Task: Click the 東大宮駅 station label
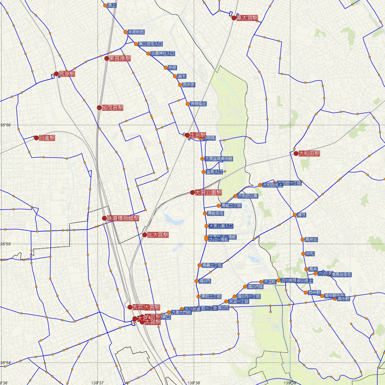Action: pyautogui.click(x=247, y=18)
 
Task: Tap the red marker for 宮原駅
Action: pyautogui.click(x=56, y=74)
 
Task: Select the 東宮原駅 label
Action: pyautogui.click(x=120, y=58)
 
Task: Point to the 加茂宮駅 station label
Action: pyautogui.click(x=112, y=108)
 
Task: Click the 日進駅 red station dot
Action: pyautogui.click(x=37, y=138)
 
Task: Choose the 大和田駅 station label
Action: pyautogui.click(x=309, y=154)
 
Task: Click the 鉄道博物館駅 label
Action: pyautogui.click(x=123, y=218)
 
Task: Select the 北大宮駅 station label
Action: pyautogui.click(x=158, y=235)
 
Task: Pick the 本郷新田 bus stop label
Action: pyautogui.click(x=136, y=32)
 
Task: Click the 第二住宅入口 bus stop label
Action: pyautogui.click(x=150, y=44)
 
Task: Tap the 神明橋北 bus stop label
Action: pyautogui.click(x=198, y=104)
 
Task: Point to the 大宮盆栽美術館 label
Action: pyautogui.click(x=219, y=159)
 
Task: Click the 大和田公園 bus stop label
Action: pyautogui.click(x=248, y=196)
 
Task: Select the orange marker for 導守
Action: pyautogui.click(x=295, y=215)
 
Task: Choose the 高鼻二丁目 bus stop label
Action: pyautogui.click(x=212, y=265)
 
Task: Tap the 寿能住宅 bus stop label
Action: pyautogui.click(x=216, y=213)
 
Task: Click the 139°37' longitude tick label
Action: pyautogui.click(x=98, y=382)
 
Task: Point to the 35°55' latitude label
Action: pyautogui.click(x=5, y=244)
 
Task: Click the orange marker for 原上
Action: pyautogui.click(x=105, y=5)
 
